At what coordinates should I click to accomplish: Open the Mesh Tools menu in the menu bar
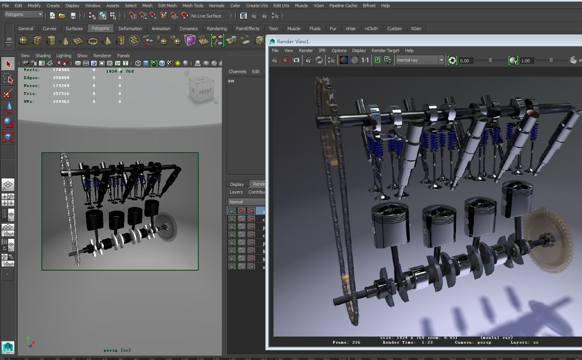click(x=193, y=6)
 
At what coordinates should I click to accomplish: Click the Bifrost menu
click(x=369, y=6)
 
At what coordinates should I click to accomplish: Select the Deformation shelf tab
click(x=130, y=29)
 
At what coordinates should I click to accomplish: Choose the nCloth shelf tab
click(x=371, y=29)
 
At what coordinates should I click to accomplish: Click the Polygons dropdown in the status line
click(x=23, y=15)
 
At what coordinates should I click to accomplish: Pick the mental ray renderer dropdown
click(x=420, y=60)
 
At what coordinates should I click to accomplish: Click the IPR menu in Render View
click(x=322, y=50)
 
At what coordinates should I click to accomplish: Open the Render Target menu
click(x=385, y=50)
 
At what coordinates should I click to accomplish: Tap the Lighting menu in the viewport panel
click(x=64, y=56)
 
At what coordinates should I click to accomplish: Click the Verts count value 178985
click(x=61, y=70)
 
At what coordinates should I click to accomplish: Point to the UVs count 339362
click(x=61, y=102)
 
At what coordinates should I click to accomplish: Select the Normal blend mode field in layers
click(x=246, y=202)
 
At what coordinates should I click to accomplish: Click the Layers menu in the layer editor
click(x=236, y=192)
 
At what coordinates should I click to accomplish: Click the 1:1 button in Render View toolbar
click(x=365, y=60)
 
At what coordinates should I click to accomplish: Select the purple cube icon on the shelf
click(x=190, y=40)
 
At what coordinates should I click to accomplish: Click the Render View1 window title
click(x=293, y=41)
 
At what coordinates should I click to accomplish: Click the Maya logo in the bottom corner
click(x=8, y=348)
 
